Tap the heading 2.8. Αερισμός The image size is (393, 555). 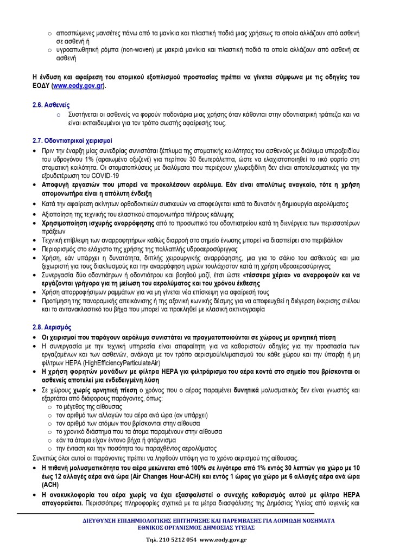(x=53, y=327)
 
